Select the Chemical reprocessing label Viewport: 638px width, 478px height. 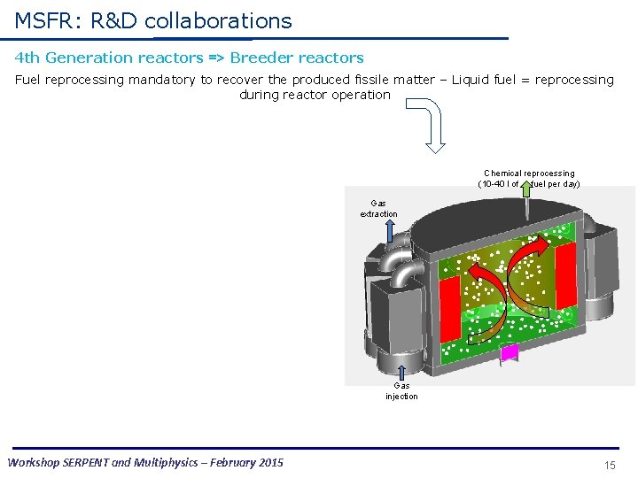(x=529, y=173)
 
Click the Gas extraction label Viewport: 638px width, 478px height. (x=378, y=208)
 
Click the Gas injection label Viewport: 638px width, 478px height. (x=401, y=390)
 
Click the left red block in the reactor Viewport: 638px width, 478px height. (x=450, y=306)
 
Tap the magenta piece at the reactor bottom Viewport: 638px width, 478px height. (x=510, y=354)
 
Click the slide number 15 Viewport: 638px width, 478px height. (x=610, y=465)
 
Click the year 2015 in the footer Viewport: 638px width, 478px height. (x=268, y=462)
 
